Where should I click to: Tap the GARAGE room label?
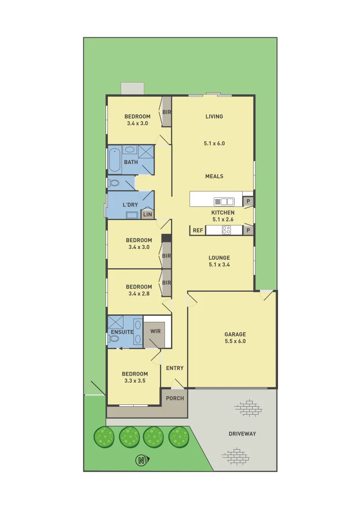coord(235,335)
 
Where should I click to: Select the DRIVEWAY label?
coord(242,434)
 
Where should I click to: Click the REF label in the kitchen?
coord(198,230)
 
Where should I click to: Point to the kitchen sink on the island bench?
coord(224,202)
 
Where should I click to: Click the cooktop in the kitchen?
coord(226,230)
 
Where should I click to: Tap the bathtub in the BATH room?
coord(115,161)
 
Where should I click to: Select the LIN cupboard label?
coord(147,214)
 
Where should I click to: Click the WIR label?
coord(155,331)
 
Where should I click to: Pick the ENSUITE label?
coord(122,332)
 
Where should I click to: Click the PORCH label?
coord(175,398)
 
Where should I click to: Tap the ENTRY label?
coord(175,368)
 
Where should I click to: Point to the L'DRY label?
coord(130,205)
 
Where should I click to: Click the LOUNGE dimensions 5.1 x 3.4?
coord(219,264)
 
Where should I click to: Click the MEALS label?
coord(214,176)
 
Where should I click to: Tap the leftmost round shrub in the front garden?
coord(104,437)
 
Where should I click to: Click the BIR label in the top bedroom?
coord(166,112)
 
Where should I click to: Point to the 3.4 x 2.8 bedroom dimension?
coord(139,294)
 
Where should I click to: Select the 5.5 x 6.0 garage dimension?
coord(235,341)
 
